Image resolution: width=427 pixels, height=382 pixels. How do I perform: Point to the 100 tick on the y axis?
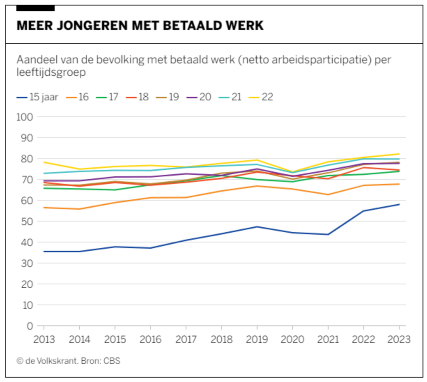click(x=24, y=117)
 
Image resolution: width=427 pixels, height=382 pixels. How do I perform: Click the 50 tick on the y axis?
click(x=26, y=221)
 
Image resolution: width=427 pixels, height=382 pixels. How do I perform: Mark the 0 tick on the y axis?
click(x=29, y=326)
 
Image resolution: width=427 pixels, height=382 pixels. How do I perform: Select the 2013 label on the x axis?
click(x=44, y=339)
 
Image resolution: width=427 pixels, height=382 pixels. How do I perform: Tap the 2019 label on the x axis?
click(x=257, y=339)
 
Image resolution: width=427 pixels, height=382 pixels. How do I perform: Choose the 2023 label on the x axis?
click(x=399, y=339)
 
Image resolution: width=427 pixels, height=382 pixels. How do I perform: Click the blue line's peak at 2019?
click(x=257, y=227)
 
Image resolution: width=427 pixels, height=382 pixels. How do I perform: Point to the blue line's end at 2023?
click(x=399, y=204)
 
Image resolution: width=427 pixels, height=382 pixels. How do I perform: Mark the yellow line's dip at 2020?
click(x=293, y=172)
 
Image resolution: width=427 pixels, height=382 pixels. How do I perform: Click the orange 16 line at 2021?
click(x=328, y=194)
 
